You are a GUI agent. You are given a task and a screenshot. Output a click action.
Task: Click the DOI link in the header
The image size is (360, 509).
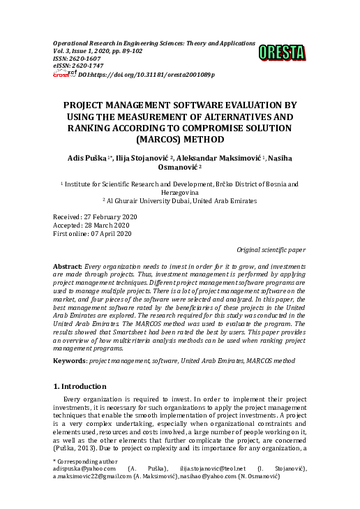pos(147,74)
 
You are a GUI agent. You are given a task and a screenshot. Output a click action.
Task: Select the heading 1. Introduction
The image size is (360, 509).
pos(80,386)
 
